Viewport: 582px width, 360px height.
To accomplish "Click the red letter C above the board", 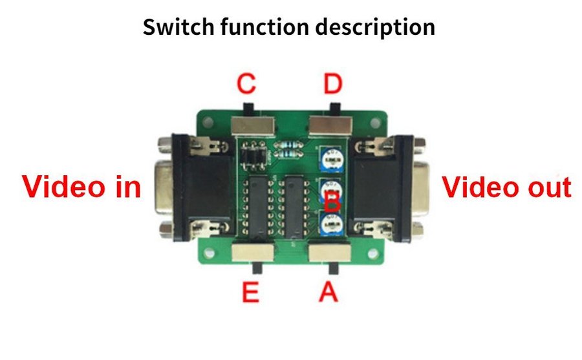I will tap(246, 84).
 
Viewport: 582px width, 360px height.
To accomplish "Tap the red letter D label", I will tap(333, 84).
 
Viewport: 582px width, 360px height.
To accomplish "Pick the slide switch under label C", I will tap(252, 123).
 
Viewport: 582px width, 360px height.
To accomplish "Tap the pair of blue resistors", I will tap(287, 151).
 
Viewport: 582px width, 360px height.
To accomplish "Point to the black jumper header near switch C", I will tap(253, 154).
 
